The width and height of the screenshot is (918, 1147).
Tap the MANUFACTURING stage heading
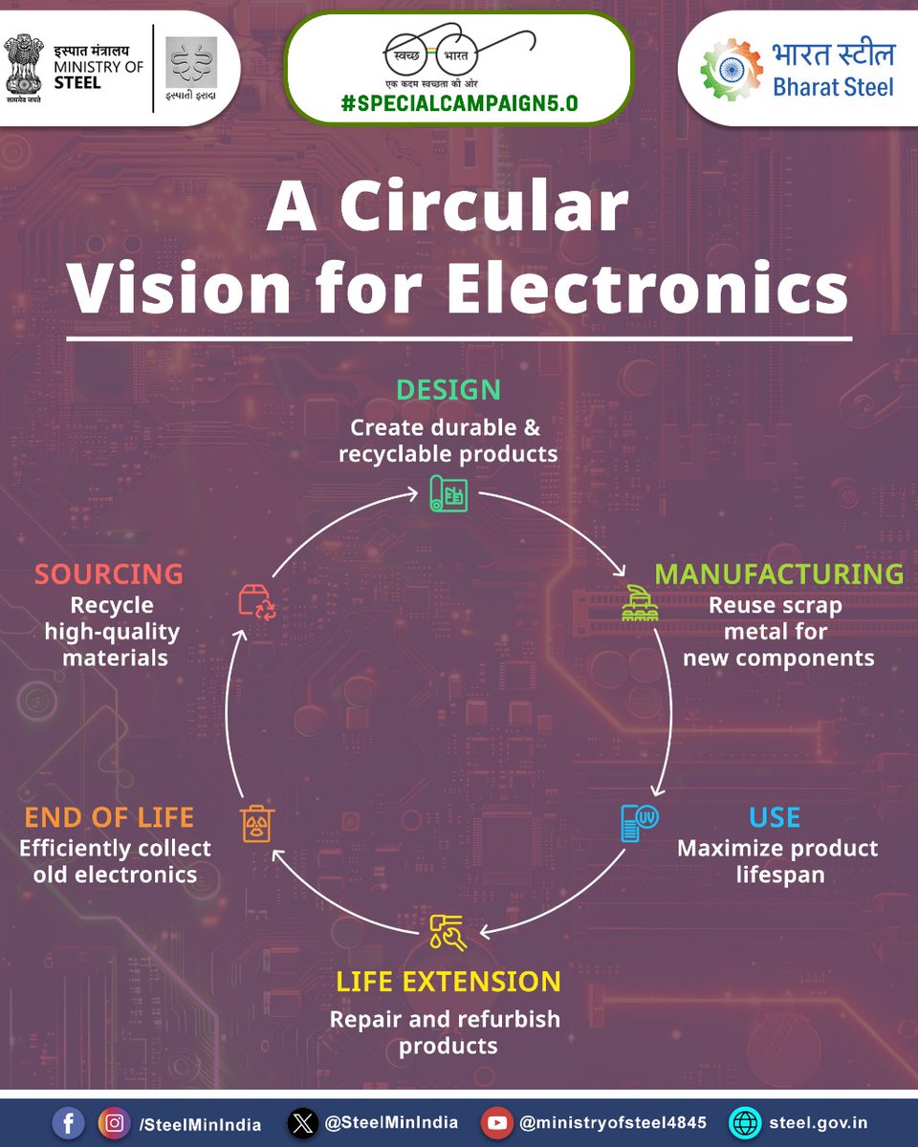pyautogui.click(x=778, y=573)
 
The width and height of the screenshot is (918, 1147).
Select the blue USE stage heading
pyautogui.click(x=775, y=818)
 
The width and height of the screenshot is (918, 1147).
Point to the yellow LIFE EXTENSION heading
pyautogui.click(x=448, y=982)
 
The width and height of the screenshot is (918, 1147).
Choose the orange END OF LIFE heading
pyautogui.click(x=109, y=818)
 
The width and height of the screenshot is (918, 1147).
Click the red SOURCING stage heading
pyautogui.click(x=109, y=573)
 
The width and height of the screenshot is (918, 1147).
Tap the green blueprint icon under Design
pyautogui.click(x=448, y=493)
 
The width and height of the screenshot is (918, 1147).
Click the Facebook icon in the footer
pyautogui.click(x=68, y=1123)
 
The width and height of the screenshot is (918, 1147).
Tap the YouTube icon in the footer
pyautogui.click(x=497, y=1123)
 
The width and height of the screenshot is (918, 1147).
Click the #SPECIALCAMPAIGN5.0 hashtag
pyautogui.click(x=460, y=104)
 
